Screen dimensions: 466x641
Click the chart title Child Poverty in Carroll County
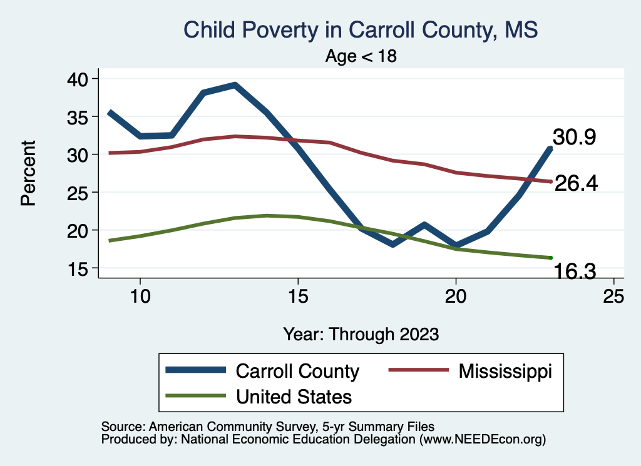[360, 29]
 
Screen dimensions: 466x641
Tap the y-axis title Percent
[27, 173]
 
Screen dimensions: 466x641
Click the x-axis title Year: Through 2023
[361, 334]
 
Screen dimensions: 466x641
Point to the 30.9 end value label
[573, 138]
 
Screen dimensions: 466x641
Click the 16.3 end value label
[573, 271]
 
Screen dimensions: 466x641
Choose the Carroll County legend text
[297, 371]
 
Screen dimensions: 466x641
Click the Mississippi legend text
[505, 371]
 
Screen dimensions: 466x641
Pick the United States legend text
[294, 396]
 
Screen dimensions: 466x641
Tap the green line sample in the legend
[195, 396]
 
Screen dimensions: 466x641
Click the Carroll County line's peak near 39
[234, 85]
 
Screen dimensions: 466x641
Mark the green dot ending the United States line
[550, 258]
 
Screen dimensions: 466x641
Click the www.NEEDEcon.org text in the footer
[483, 440]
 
